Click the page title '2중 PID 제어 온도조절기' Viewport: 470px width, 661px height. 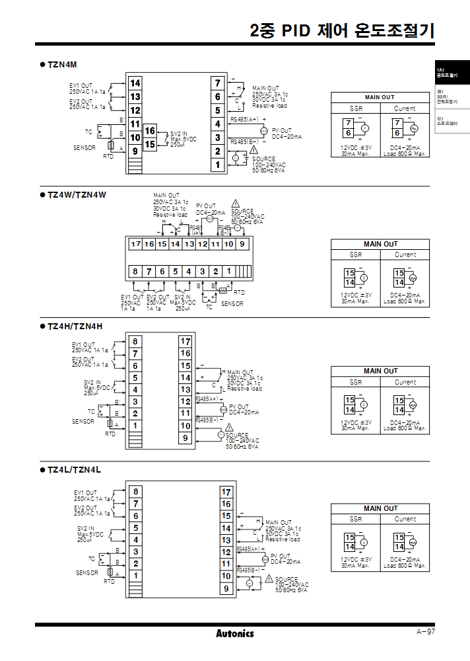coord(343,31)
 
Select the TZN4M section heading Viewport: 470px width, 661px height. coord(63,65)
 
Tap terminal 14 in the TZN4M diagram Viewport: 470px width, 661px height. coord(135,83)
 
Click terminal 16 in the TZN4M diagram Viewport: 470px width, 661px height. coord(150,131)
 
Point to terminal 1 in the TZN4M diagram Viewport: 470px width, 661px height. coord(217,165)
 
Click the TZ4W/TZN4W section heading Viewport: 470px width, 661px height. coord(77,194)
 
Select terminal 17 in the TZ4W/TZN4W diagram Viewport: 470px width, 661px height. coord(135,245)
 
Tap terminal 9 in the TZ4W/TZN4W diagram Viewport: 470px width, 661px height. coord(242,245)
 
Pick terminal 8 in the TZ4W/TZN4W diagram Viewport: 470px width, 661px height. coord(135,271)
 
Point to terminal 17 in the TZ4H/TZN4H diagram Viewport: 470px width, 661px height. coord(185,341)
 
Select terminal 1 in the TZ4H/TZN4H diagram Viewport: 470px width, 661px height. coord(135,426)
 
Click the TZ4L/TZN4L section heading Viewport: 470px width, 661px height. coord(74,469)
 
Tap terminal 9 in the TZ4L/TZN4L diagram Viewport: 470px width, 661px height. coord(226,588)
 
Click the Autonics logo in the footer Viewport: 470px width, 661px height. coord(234,633)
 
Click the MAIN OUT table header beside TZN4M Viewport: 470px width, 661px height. coord(380,97)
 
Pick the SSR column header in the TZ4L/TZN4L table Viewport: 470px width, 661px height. coord(356,519)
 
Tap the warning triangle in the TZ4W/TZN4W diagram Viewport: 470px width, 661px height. coord(236,204)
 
